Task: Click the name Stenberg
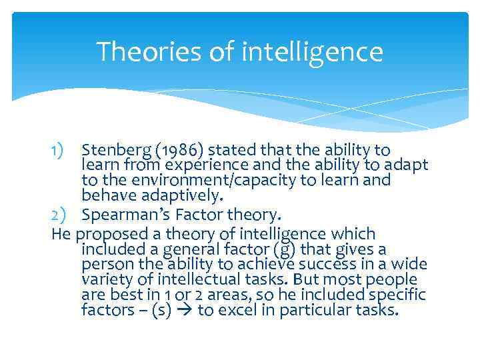[x=114, y=150]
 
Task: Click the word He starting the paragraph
[x=61, y=234]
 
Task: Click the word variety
[x=104, y=280]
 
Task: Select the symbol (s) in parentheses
[x=162, y=311]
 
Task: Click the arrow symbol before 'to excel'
[x=186, y=311]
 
